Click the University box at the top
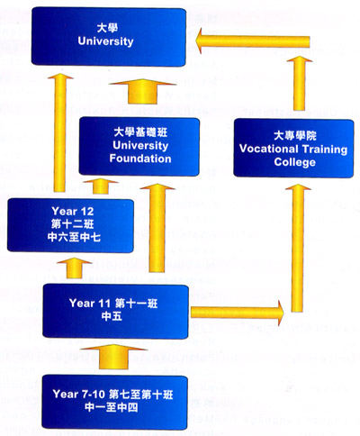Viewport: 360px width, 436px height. point(109,37)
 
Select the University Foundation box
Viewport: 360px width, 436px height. point(139,146)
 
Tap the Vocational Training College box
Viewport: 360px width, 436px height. point(293,148)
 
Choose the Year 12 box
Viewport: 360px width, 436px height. point(70,225)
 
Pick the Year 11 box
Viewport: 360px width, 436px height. point(115,311)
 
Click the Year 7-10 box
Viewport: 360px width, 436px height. point(114,402)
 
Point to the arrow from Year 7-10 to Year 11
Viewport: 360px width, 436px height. point(114,357)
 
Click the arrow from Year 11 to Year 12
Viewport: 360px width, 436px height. point(74,268)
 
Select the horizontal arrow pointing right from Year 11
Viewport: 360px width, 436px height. point(238,313)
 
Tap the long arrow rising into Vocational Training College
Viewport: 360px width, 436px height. point(298,248)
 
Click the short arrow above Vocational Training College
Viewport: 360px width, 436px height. point(299,83)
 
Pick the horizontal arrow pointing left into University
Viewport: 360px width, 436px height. point(252,41)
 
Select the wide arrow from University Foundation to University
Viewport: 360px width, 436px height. point(142,92)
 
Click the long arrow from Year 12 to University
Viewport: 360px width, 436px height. point(60,132)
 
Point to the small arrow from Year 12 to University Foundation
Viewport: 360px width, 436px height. point(101,186)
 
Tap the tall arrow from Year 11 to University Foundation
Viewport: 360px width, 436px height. point(157,228)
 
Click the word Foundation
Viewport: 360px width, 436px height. point(140,159)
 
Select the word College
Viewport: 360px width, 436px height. point(294,162)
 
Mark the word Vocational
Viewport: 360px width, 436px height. point(268,149)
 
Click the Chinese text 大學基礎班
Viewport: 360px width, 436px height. point(140,132)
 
